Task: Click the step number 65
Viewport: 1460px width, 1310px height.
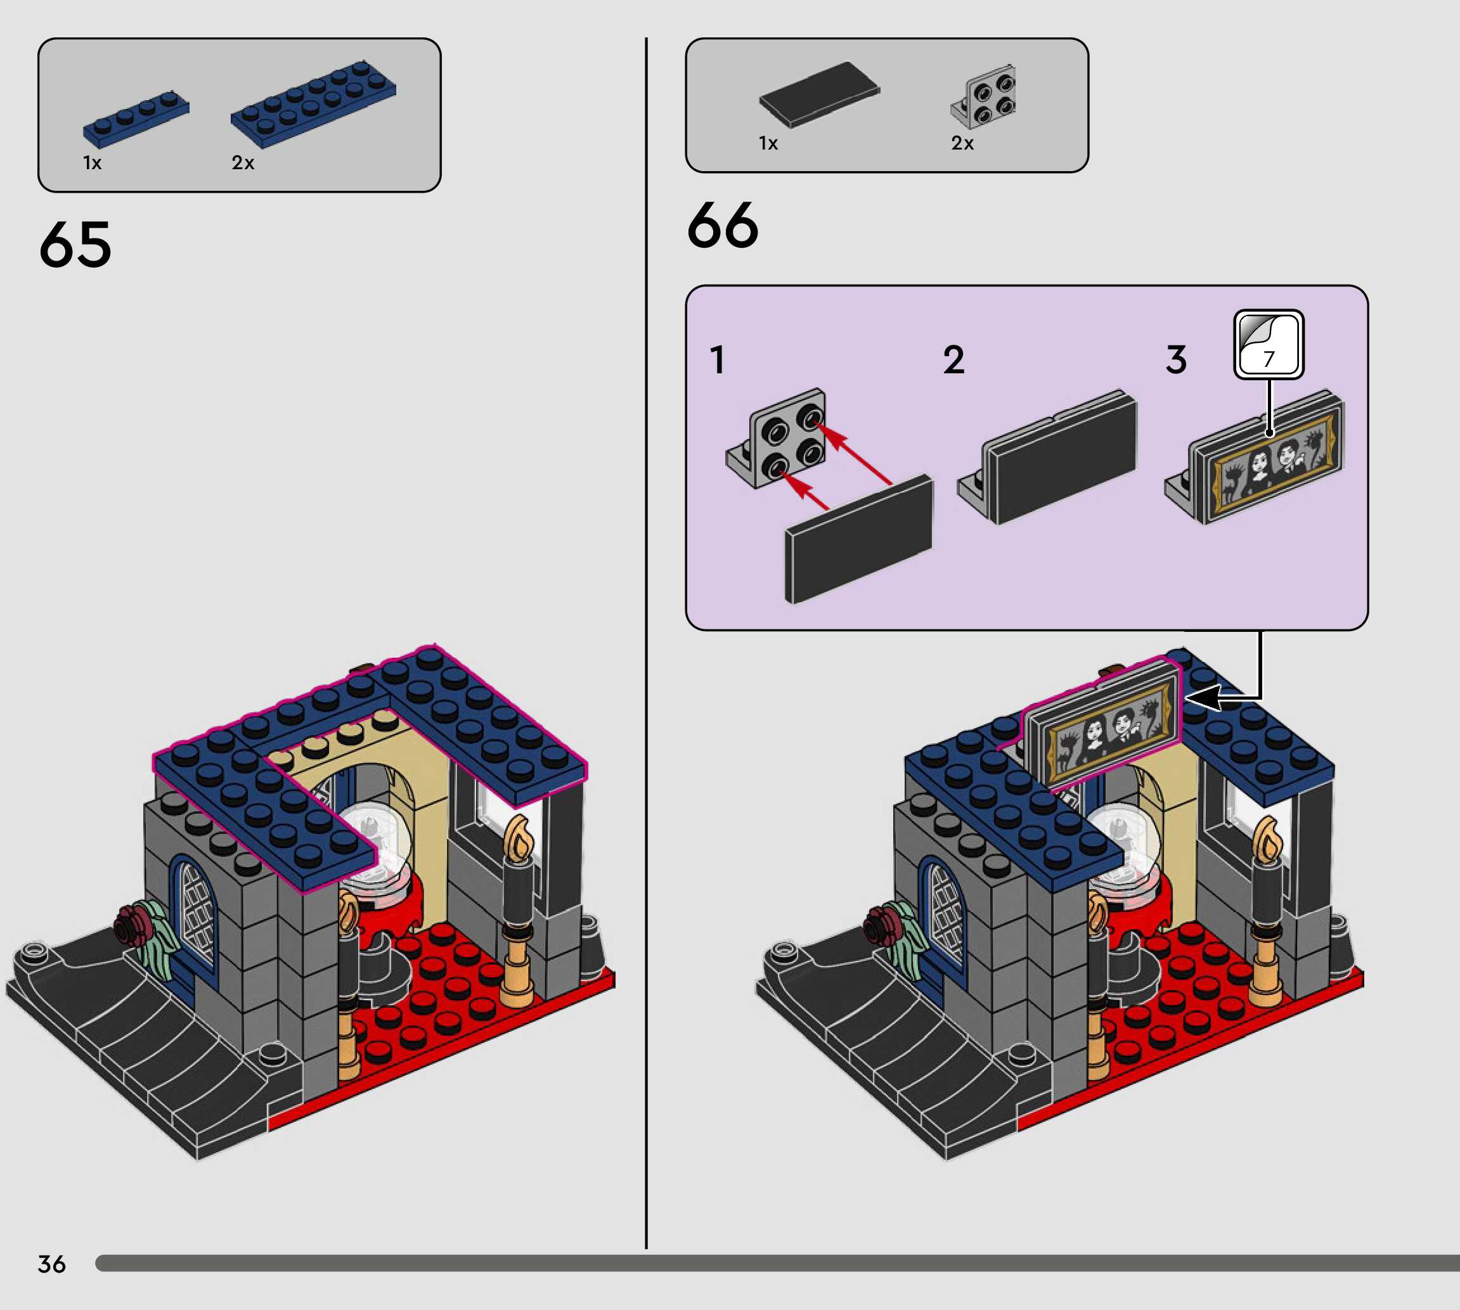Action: point(75,245)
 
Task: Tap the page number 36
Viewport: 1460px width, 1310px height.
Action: point(51,1264)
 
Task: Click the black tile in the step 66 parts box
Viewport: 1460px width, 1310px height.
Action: point(819,94)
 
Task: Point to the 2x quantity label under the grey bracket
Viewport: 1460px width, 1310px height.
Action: point(962,143)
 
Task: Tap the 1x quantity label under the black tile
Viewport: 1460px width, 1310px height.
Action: point(768,143)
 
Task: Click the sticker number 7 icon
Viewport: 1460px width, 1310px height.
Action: point(1269,345)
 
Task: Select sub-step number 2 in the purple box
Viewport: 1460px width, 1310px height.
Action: point(953,360)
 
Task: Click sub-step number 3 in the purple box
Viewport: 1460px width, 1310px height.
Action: point(1175,360)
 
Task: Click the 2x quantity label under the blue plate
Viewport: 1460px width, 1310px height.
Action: point(243,164)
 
